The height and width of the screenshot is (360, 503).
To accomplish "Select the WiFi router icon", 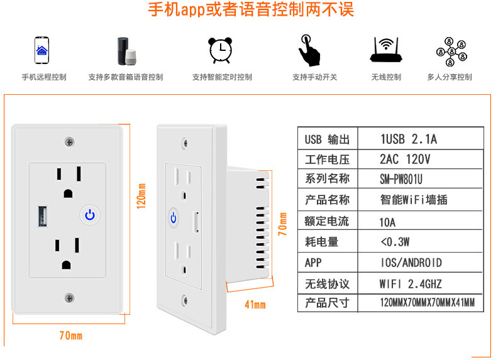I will pos(385,50).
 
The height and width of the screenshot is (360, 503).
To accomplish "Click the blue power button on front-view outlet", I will pos(90,215).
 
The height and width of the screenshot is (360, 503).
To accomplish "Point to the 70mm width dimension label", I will pos(70,335).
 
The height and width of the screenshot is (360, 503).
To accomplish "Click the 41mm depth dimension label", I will pos(255,305).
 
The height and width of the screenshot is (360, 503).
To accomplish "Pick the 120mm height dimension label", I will pos(141,195).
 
